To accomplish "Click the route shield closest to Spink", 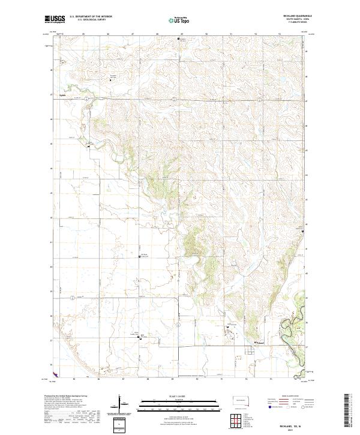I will (x=86, y=97).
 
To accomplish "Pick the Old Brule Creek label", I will (x=145, y=255).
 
